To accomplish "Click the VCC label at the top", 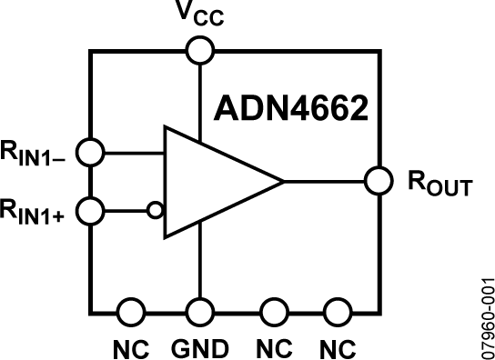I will click(x=198, y=15).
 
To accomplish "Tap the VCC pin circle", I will click(x=198, y=50).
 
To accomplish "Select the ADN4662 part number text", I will click(x=290, y=109).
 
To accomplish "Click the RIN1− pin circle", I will click(x=90, y=152).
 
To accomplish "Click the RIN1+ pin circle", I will click(x=90, y=211).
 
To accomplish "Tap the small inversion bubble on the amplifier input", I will click(x=156, y=211).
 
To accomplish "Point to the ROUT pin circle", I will click(x=379, y=181).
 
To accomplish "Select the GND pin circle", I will click(x=198, y=310).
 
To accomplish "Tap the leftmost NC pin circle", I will click(x=132, y=310).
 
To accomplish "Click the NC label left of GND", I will click(x=130, y=347).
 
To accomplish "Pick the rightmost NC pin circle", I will click(x=337, y=310).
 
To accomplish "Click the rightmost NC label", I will click(x=337, y=347).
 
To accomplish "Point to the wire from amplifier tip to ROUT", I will click(x=326, y=181).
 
